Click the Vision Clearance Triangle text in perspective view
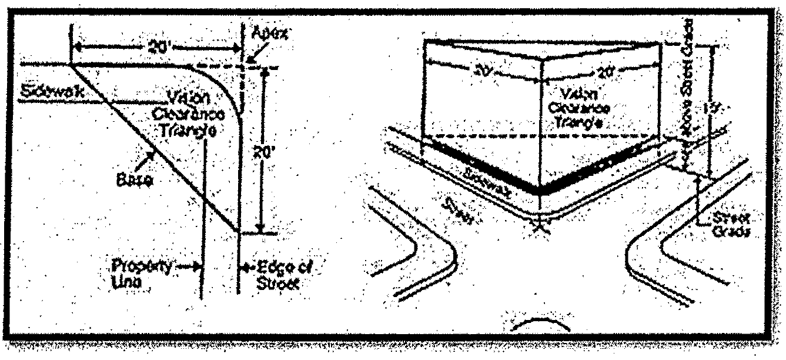(585, 108)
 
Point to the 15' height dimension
(723, 109)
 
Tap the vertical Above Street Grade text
(687, 88)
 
